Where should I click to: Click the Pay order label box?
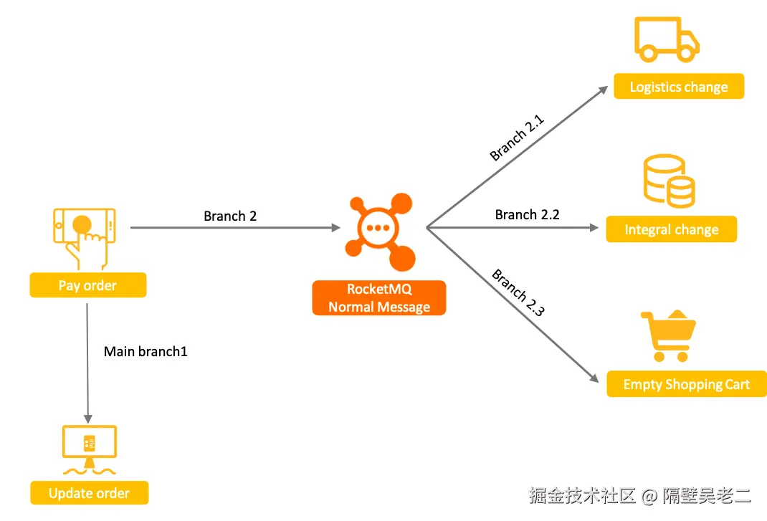click(87, 285)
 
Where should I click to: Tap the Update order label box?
click(89, 493)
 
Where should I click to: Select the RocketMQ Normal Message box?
click(378, 298)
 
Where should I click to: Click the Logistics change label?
click(678, 87)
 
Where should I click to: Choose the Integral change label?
click(671, 230)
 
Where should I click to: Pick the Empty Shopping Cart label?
click(686, 384)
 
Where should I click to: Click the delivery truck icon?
click(666, 40)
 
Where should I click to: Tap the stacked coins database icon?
click(669, 181)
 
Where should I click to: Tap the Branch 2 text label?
click(230, 216)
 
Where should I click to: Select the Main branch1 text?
click(146, 352)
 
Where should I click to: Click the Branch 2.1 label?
click(517, 138)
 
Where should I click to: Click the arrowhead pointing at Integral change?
click(594, 228)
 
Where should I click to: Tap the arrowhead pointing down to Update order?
click(87, 418)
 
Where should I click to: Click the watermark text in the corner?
click(639, 494)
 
